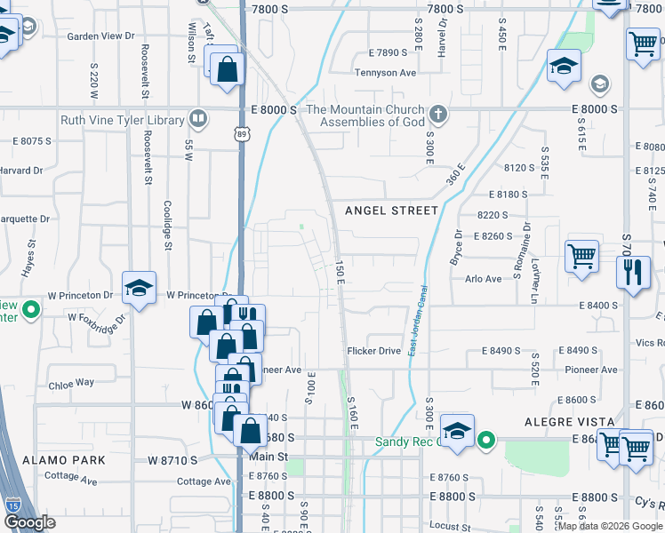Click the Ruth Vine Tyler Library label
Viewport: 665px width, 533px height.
click(123, 120)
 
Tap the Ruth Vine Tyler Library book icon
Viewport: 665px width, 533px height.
click(199, 120)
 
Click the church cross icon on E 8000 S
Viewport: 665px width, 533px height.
click(437, 115)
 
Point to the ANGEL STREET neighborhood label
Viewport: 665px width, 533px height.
click(392, 211)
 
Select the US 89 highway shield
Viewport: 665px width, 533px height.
click(242, 133)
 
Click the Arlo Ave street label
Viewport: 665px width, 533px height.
click(483, 279)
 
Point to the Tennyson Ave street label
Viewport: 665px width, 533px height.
click(385, 73)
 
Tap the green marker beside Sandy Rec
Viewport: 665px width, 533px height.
click(485, 439)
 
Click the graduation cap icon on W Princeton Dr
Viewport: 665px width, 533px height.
click(139, 287)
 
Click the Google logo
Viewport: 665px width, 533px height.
click(29, 522)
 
